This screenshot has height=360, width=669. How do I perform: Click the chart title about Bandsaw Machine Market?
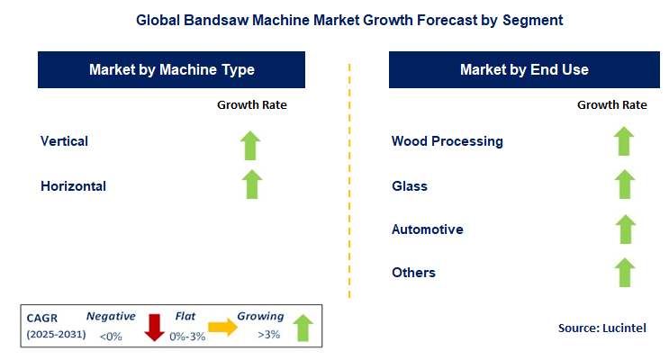point(333,18)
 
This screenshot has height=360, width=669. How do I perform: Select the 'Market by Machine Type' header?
point(172,69)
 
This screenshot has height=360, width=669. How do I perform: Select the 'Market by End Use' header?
point(524,69)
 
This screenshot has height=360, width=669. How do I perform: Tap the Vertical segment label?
point(64,141)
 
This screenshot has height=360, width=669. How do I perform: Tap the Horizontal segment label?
point(73,186)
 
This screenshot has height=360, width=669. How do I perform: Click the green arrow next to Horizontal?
point(251,184)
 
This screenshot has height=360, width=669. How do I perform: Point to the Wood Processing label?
point(447,141)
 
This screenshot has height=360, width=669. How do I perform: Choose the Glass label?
point(410,186)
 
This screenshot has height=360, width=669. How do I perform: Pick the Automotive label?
point(428,229)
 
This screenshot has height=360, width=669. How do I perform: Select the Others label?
point(413,273)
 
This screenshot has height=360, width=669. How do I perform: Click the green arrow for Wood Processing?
point(624,141)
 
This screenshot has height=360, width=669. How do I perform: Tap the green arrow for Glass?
point(624,184)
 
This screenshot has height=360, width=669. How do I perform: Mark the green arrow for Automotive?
point(624,229)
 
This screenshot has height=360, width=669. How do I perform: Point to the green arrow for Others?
point(624,272)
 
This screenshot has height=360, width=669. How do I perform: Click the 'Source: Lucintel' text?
point(601,328)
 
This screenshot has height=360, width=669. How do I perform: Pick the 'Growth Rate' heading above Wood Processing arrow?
point(611,105)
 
